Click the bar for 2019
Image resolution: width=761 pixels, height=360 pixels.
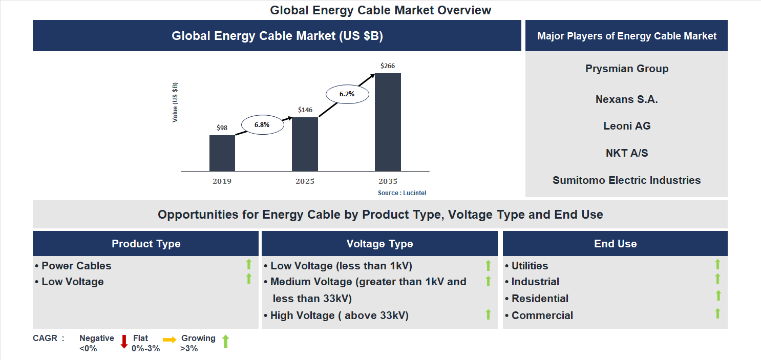(222, 153)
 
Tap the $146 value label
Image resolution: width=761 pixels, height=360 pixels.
(305, 110)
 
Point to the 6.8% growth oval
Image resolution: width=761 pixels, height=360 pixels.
(262, 124)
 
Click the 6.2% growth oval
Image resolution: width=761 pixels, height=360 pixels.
(347, 94)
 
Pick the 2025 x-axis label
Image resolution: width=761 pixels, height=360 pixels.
(305, 181)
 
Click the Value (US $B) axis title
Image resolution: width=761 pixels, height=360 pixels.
(175, 102)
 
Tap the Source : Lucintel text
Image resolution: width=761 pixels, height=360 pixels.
(402, 193)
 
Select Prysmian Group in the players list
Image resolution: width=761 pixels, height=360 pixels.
(627, 69)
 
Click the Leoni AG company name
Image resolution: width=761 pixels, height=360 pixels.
(627, 126)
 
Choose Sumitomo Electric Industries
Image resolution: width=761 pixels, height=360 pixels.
(627, 180)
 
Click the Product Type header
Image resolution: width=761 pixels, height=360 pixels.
(146, 244)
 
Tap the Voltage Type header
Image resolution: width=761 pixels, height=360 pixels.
(379, 244)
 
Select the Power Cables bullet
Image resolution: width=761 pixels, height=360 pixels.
(76, 266)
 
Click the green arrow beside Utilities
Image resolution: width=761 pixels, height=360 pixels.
(717, 264)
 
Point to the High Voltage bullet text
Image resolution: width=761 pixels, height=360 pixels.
(339, 315)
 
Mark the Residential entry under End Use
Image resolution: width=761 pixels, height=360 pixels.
(540, 299)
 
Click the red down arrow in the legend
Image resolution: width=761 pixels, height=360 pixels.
(124, 342)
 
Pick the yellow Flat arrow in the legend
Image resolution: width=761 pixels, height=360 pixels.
(170, 340)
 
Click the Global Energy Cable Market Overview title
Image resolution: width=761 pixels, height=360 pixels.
(380, 10)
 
